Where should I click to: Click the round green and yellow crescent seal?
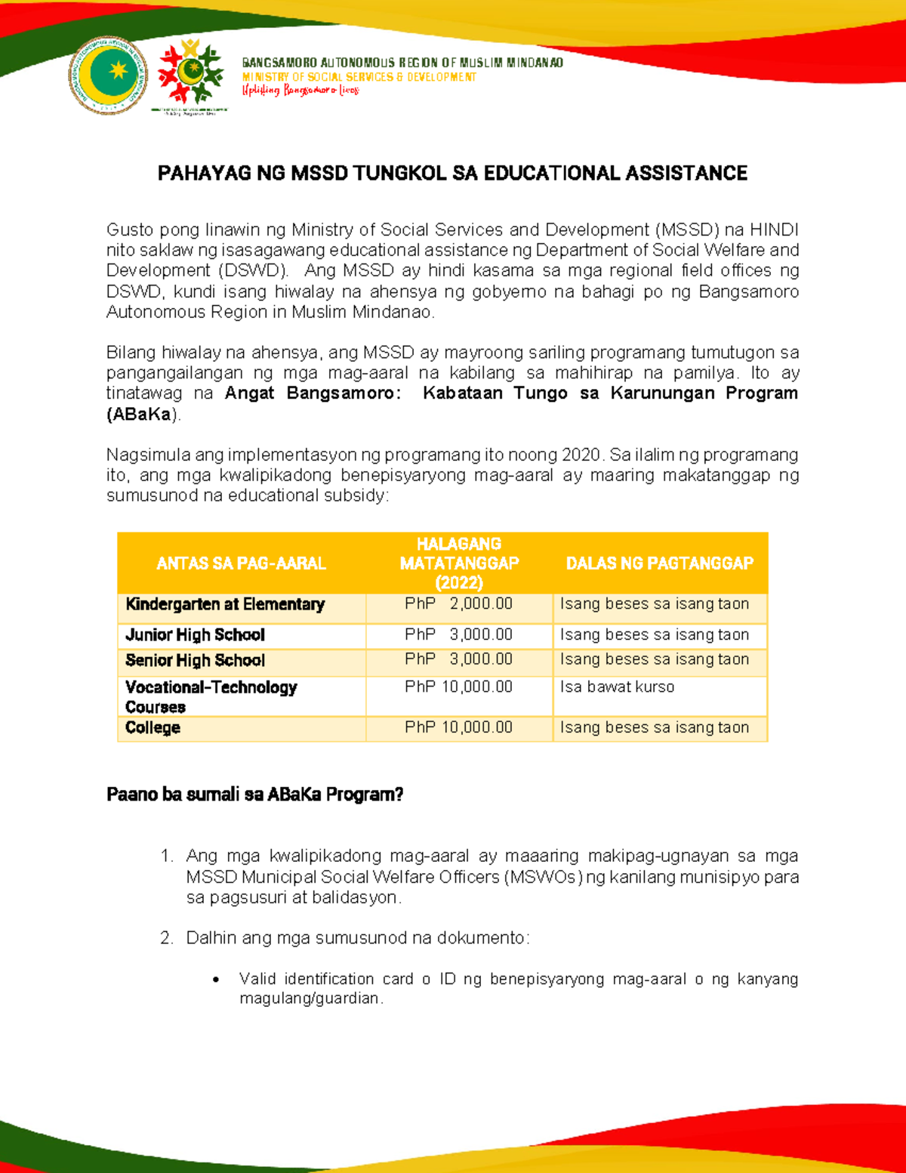108,76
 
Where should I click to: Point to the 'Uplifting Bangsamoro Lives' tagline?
300,91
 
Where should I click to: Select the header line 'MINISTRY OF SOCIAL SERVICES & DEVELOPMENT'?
359,77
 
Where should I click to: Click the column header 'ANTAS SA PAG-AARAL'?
241,563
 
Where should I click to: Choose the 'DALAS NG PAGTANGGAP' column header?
659,563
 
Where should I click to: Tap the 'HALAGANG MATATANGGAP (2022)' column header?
459,563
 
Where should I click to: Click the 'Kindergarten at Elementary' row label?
225,604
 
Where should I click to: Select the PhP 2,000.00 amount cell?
458,604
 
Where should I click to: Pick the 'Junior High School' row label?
195,635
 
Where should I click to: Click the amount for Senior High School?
458,659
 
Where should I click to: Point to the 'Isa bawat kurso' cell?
617,687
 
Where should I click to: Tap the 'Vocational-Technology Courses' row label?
211,696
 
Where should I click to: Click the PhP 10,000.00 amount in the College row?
458,727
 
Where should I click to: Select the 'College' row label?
153,728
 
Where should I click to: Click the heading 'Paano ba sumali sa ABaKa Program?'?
254,795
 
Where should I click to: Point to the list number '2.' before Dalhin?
167,938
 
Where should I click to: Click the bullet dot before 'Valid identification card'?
217,980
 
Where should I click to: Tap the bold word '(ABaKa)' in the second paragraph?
143,414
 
